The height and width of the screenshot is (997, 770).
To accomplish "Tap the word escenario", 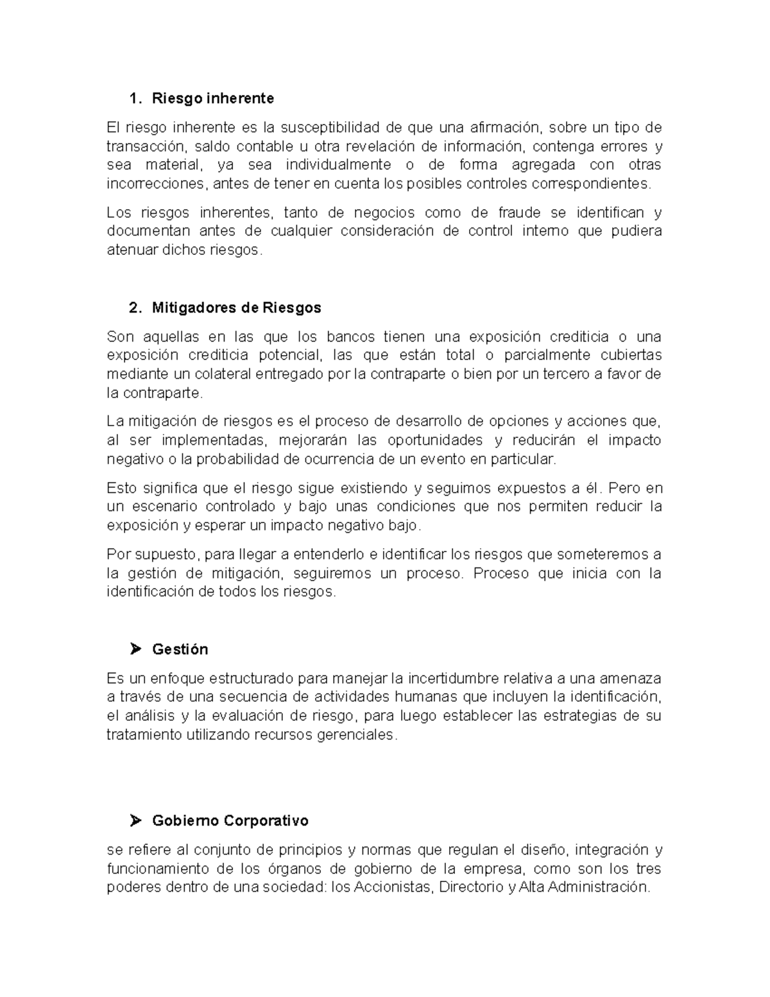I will click(161, 507).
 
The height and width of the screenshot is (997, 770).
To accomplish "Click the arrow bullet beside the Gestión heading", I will click(135, 649).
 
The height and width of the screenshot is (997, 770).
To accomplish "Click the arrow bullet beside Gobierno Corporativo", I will click(135, 820).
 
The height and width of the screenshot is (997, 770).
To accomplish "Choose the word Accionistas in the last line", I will click(393, 888).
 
